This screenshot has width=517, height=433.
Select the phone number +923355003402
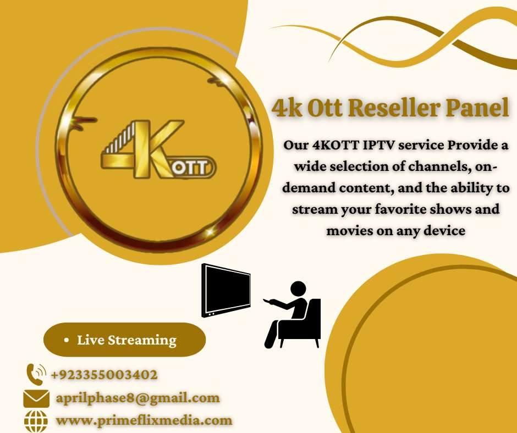[104, 375]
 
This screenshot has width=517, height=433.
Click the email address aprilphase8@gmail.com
[138, 398]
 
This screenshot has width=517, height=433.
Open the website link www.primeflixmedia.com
[144, 420]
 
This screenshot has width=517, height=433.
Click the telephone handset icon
[36, 374]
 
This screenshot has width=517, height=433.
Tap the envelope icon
[36, 398]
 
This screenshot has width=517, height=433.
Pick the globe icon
[36, 421]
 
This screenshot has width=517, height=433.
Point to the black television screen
[226, 290]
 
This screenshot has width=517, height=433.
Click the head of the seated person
[299, 290]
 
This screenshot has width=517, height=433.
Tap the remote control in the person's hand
[267, 301]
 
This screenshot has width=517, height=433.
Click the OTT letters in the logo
[191, 168]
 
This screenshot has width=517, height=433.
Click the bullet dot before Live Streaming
[67, 340]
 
